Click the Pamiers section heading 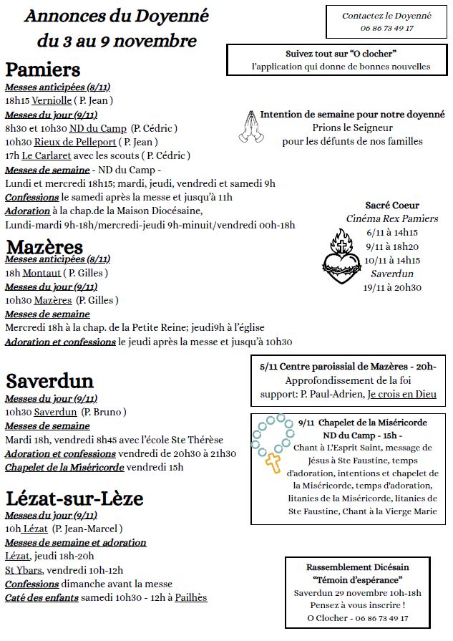tap(43, 69)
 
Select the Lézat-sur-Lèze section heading tap(74, 498)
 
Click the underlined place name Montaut tap(41, 273)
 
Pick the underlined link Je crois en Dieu tap(401, 394)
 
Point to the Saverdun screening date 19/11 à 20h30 tap(392, 287)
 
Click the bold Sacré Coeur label tap(391, 205)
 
